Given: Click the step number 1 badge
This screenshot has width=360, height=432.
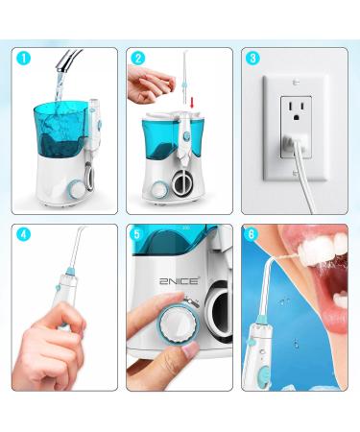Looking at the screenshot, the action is pyautogui.click(x=24, y=59).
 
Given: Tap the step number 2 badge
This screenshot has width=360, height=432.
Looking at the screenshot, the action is pyautogui.click(x=138, y=59).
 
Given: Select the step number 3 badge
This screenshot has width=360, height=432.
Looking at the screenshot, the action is pyautogui.click(x=252, y=59).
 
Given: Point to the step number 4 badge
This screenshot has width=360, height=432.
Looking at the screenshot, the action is pyautogui.click(x=24, y=234).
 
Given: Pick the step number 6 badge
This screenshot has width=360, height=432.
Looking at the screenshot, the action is pyautogui.click(x=251, y=234).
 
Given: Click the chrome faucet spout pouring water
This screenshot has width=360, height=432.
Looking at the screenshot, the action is pyautogui.click(x=69, y=60).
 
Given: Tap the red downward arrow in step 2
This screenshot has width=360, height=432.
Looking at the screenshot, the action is pyautogui.click(x=192, y=103).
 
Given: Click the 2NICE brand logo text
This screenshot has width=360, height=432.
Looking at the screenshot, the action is pyautogui.click(x=179, y=281).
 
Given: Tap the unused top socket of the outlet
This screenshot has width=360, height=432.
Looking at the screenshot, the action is pyautogui.click(x=296, y=110).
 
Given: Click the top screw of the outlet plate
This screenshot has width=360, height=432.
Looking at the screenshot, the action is pyautogui.click(x=296, y=83).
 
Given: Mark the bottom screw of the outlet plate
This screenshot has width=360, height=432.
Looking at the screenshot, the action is pyautogui.click(x=296, y=174).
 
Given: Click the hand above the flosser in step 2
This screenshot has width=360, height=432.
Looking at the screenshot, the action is pyautogui.click(x=151, y=84).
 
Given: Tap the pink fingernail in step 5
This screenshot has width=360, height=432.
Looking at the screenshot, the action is pyautogui.click(x=189, y=350).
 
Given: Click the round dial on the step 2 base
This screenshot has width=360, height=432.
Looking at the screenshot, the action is pyautogui.click(x=158, y=190).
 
